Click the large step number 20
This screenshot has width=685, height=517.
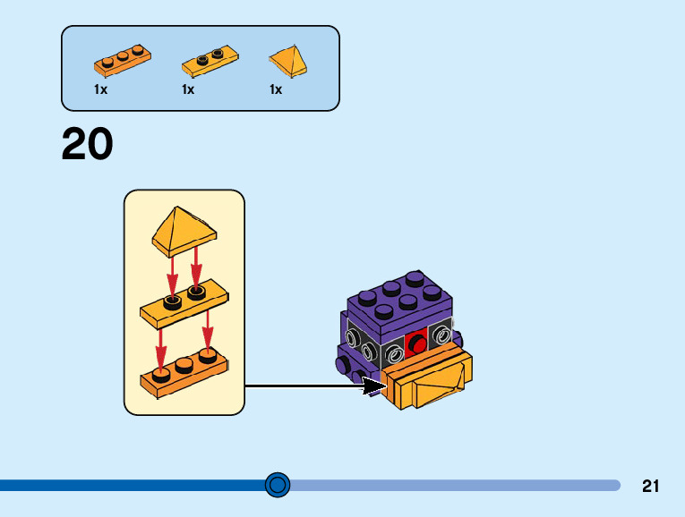(88, 145)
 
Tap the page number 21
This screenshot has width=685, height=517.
(651, 487)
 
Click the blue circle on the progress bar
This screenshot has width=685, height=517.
(278, 485)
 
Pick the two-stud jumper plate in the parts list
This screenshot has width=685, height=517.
(211, 61)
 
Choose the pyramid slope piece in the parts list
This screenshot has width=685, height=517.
(288, 61)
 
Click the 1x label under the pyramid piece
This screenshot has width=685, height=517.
(276, 89)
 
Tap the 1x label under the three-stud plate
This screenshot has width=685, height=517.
(100, 89)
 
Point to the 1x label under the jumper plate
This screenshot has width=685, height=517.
(188, 89)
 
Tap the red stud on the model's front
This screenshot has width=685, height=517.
(415, 343)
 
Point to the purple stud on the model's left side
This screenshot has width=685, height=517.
(341, 365)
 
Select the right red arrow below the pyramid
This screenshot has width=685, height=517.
(195, 265)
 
